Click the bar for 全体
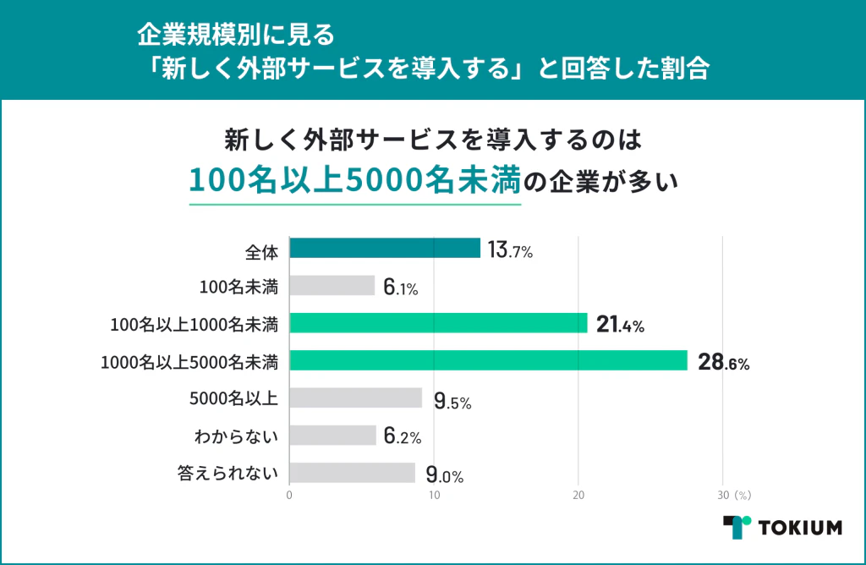[x=385, y=248]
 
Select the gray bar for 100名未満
[x=332, y=286]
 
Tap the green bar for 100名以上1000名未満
[x=438, y=323]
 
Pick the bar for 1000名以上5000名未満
[x=488, y=360]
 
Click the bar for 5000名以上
[x=355, y=398]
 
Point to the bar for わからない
[x=332, y=435]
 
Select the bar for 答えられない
[x=352, y=472]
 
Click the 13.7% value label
[x=510, y=250]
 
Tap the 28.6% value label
[x=724, y=363]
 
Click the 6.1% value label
[x=400, y=288]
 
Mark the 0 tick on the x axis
[x=290, y=495]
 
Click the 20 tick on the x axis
[x=578, y=495]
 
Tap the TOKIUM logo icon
[x=737, y=526]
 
